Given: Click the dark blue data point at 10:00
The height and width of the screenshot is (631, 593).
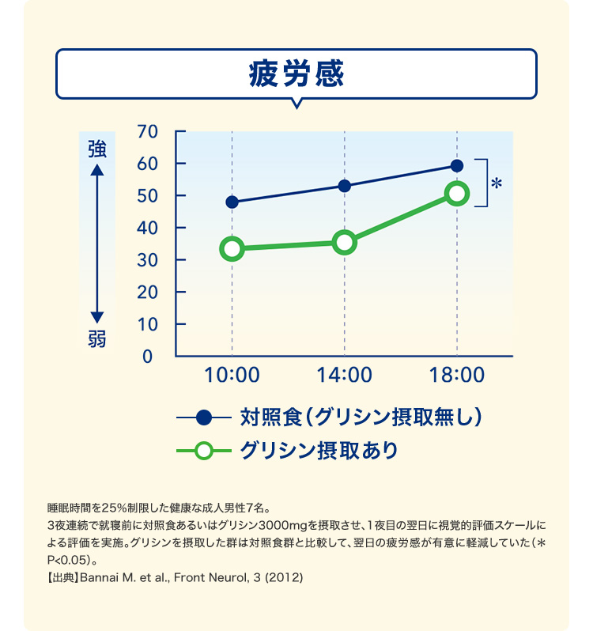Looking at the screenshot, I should click(x=232, y=202).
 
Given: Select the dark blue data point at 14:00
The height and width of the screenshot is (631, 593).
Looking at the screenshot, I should click(x=345, y=186).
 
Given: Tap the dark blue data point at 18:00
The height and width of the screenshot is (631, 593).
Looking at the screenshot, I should click(x=457, y=165).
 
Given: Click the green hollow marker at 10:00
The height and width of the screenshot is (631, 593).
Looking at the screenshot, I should click(x=232, y=249).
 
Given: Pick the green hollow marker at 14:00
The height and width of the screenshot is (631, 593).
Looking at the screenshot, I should click(x=345, y=242).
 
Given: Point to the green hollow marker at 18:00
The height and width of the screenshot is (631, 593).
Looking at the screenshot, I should click(x=457, y=194).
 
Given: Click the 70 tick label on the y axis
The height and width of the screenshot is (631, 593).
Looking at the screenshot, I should click(x=148, y=131).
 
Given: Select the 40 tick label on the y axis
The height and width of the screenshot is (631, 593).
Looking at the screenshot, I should click(x=148, y=228).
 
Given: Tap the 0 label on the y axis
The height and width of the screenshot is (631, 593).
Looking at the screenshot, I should click(x=148, y=357).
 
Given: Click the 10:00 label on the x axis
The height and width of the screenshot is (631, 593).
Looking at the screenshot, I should click(x=232, y=376).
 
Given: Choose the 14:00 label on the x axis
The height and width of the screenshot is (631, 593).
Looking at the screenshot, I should click(x=345, y=376).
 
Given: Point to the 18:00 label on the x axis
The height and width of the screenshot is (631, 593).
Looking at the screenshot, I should click(x=457, y=376).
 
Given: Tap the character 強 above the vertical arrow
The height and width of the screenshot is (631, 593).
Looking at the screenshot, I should click(x=97, y=149).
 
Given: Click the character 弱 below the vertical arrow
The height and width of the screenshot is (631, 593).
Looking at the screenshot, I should click(x=97, y=340).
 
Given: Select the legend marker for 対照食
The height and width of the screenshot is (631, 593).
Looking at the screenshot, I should click(x=204, y=417).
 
